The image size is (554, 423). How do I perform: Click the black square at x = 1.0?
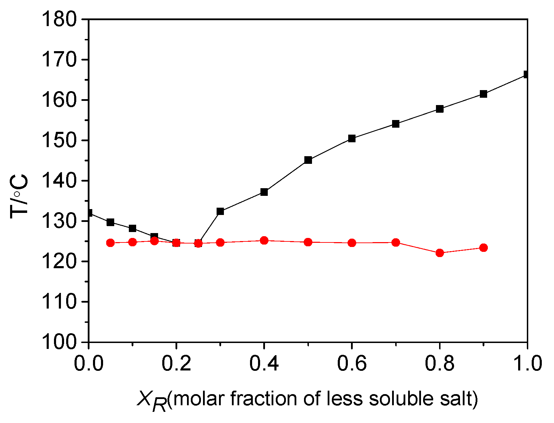(526, 74)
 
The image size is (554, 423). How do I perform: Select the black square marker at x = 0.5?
(308, 160)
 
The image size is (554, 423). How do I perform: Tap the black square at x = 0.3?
(220, 211)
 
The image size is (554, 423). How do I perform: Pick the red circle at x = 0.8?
(440, 253)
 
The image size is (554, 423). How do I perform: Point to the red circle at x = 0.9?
(484, 248)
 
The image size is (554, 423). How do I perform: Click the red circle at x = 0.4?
(264, 240)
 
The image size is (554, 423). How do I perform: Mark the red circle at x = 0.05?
(110, 243)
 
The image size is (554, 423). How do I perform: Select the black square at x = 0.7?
(396, 124)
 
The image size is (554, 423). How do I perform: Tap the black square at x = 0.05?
(110, 222)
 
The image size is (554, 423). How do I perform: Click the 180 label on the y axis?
(59, 19)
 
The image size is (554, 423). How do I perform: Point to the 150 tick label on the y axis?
(59, 140)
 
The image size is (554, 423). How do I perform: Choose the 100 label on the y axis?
(59, 342)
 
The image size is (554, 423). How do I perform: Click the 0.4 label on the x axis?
(264, 364)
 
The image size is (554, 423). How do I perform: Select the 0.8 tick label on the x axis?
(440, 364)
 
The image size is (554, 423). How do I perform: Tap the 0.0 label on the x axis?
(89, 364)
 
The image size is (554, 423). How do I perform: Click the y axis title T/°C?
(19, 197)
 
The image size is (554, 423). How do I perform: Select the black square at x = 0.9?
(484, 94)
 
